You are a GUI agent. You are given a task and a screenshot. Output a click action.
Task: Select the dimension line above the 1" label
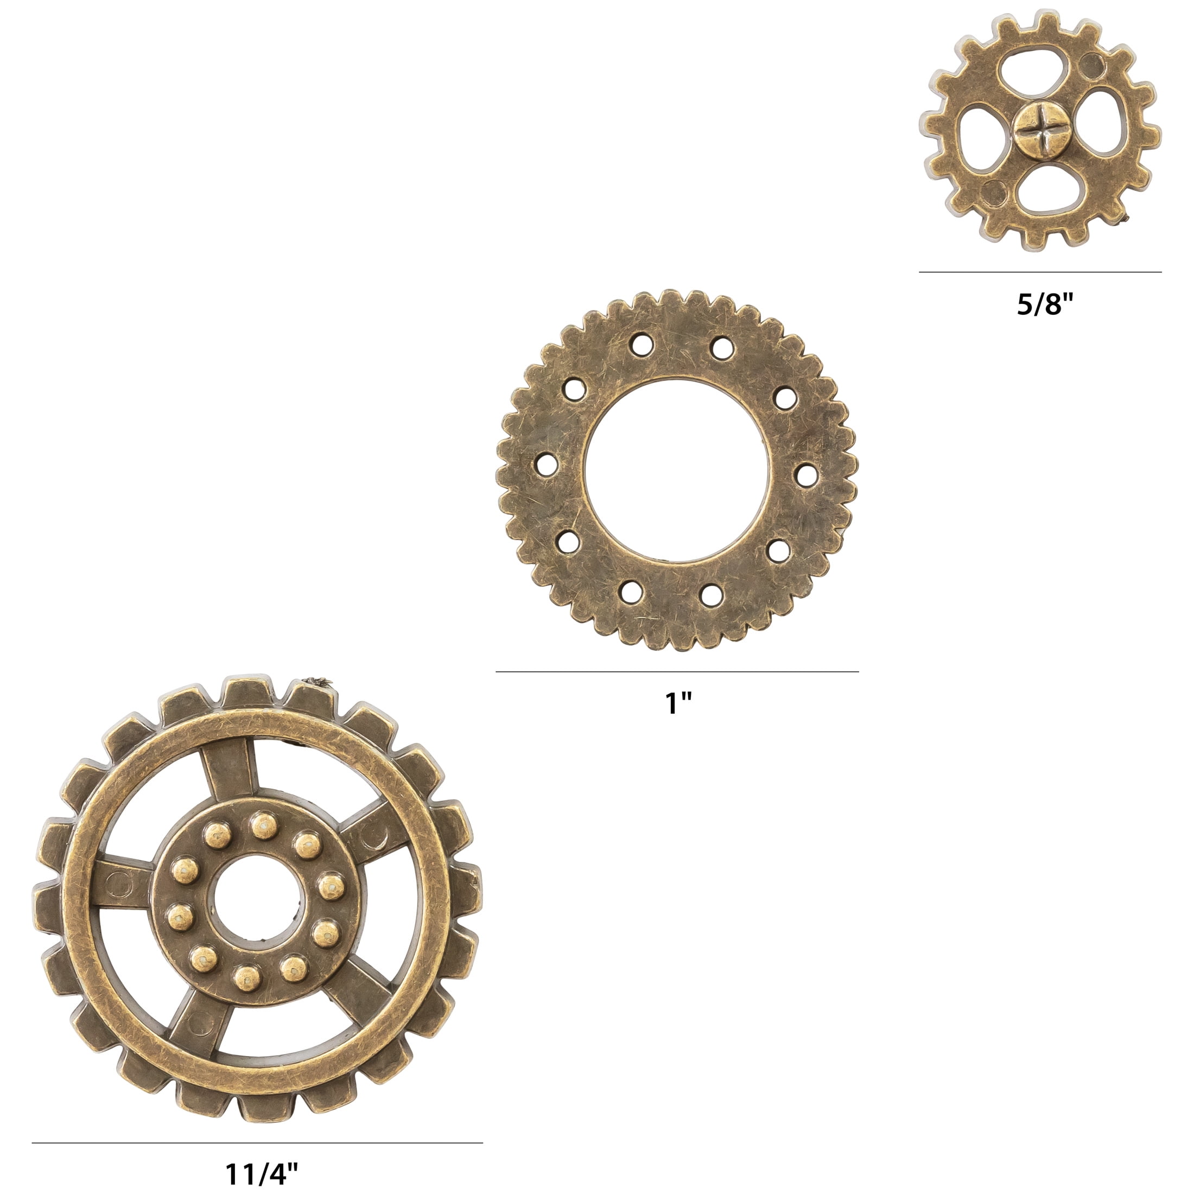coord(677,671)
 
